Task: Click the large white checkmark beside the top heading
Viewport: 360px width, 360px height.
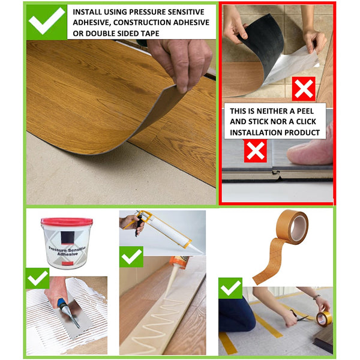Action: tap(46, 20)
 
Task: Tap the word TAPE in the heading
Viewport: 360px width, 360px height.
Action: tap(150, 33)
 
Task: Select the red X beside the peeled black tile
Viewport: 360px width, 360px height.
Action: tap(304, 89)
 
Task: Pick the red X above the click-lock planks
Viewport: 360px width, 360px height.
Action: tap(256, 151)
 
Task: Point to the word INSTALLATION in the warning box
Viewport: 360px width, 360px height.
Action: tap(256, 133)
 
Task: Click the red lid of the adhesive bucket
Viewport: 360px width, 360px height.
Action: tap(67, 222)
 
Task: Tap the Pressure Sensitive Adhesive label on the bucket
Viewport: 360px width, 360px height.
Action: tap(67, 251)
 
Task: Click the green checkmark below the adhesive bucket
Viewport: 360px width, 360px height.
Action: tap(37, 278)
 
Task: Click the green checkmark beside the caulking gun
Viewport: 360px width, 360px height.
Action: tap(131, 257)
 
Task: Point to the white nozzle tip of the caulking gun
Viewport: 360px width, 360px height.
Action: tap(199, 252)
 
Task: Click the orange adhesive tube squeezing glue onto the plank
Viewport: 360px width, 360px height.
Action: tap(179, 262)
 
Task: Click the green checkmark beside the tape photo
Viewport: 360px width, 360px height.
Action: tap(230, 288)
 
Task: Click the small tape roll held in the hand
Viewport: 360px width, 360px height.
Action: tap(324, 319)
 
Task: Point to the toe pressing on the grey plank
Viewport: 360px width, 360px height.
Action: tap(310, 152)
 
